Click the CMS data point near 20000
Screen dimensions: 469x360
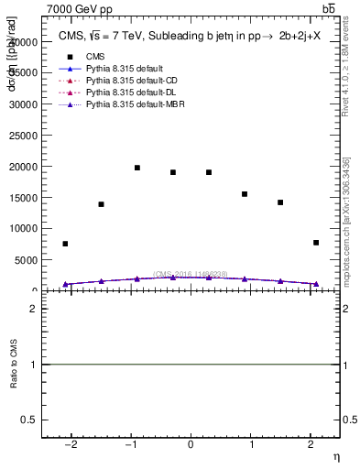tap(137, 168)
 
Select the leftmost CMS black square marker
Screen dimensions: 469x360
tap(65, 244)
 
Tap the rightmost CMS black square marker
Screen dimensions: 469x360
tap(316, 243)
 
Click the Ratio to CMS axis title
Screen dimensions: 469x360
tap(14, 365)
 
